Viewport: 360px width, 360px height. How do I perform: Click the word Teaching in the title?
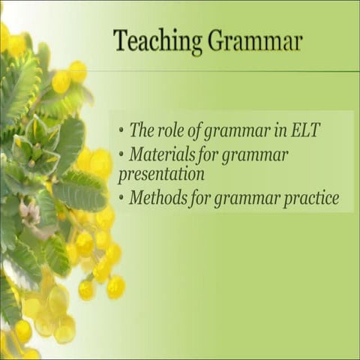(157, 41)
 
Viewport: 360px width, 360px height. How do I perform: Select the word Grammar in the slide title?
(255, 41)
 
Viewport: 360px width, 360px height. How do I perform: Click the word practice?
(312, 199)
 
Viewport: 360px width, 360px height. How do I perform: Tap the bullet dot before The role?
(121, 130)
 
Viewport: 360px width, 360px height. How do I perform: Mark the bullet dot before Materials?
(121, 155)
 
